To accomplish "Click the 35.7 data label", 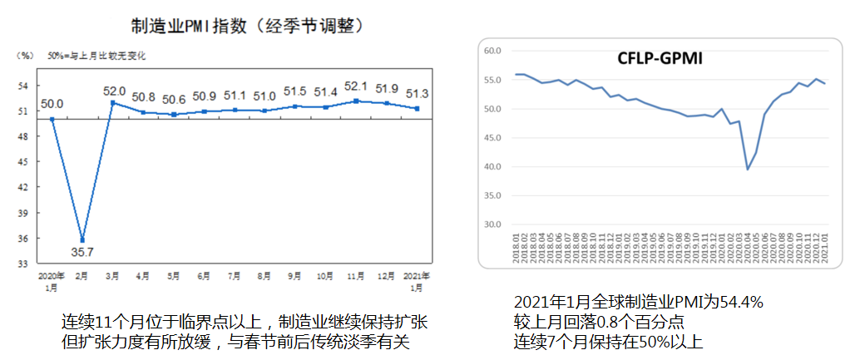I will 82,253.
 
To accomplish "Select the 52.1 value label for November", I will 357,86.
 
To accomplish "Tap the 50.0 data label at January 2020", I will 52,104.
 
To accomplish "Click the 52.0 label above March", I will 114,91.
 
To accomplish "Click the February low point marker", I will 82,240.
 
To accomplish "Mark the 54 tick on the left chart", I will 23,86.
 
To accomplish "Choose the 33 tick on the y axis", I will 23,264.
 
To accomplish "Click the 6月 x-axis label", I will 204,274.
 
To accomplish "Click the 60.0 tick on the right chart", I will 492,51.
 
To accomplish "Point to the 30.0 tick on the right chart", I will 492,224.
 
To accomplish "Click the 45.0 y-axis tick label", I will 492,138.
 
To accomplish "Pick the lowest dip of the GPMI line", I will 747,170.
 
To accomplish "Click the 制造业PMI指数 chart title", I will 249,26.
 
